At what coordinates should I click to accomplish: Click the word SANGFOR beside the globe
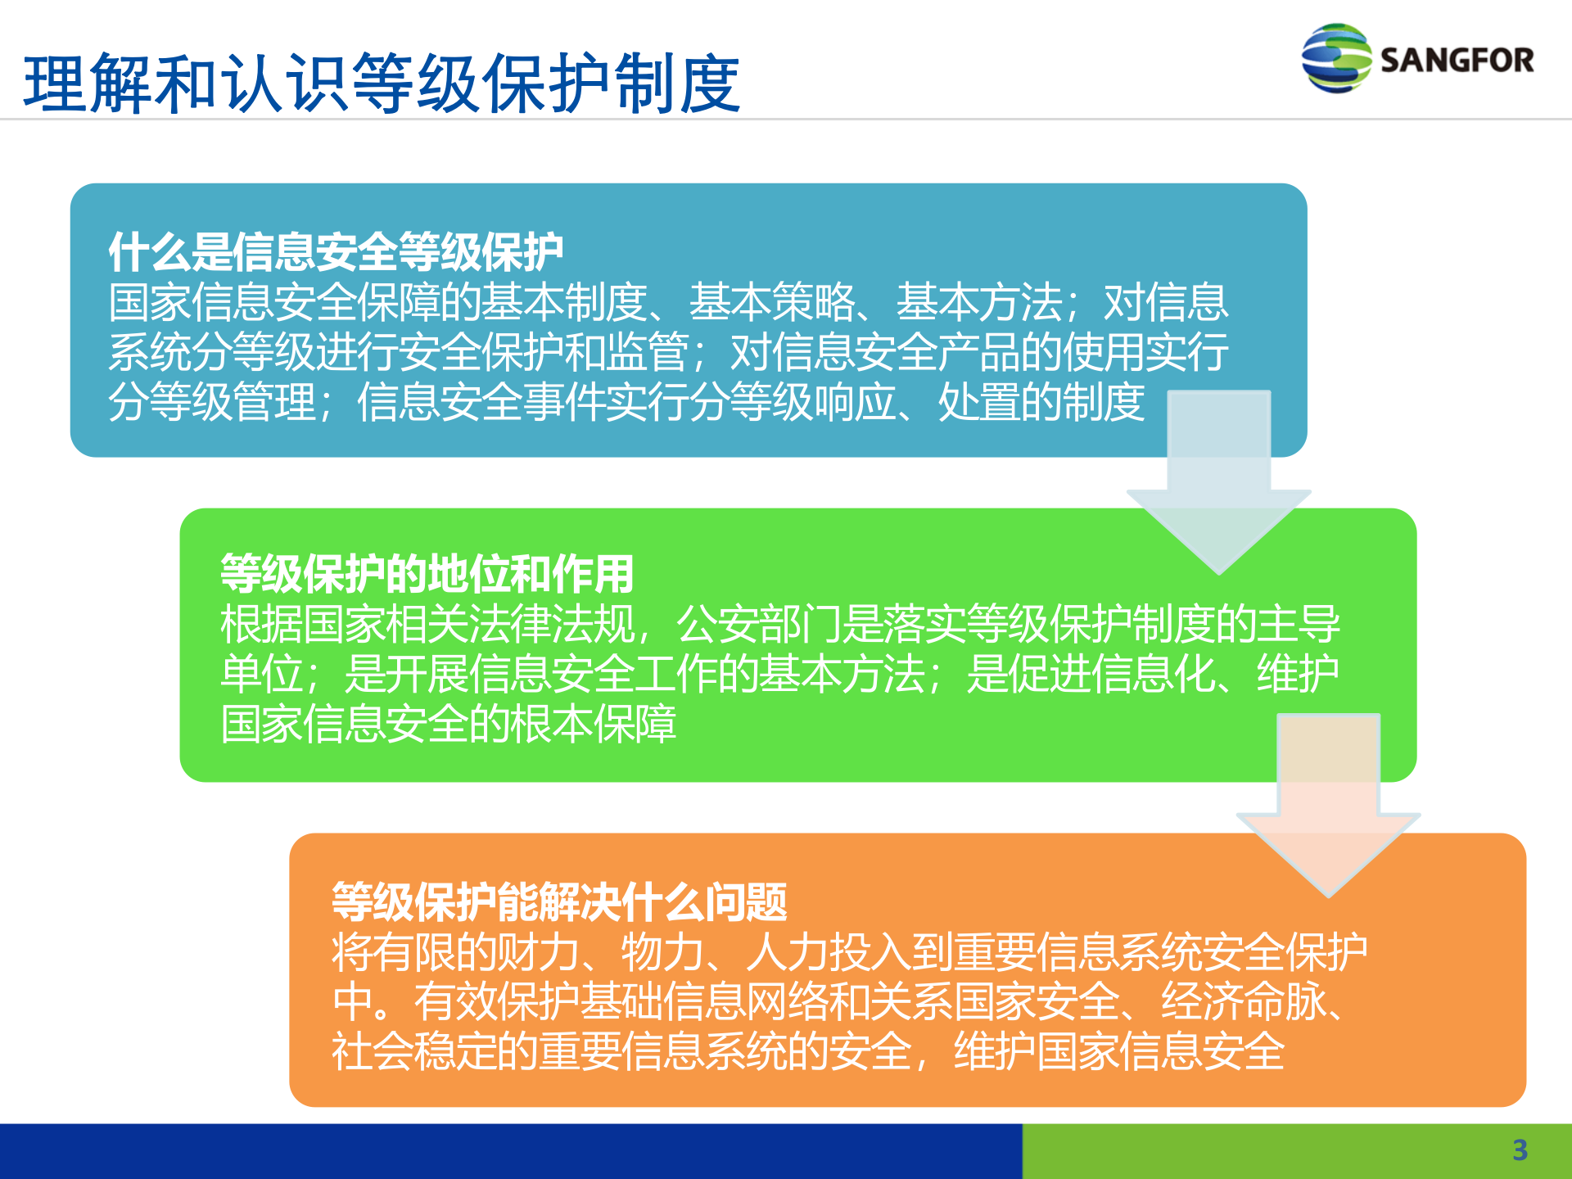[x=1457, y=61]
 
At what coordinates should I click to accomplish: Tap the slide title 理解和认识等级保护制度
[x=382, y=84]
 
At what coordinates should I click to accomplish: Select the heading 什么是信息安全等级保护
[x=336, y=251]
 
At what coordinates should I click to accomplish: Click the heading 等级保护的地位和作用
[x=427, y=573]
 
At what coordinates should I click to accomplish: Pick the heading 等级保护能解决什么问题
[x=559, y=901]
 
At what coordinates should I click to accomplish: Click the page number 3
[x=1520, y=1150]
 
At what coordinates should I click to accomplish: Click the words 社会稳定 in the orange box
[x=413, y=1051]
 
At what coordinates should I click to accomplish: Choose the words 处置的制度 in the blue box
[x=1041, y=401]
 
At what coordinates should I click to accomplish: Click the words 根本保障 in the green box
[x=593, y=724]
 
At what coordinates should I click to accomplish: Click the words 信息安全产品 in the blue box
[x=894, y=351]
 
